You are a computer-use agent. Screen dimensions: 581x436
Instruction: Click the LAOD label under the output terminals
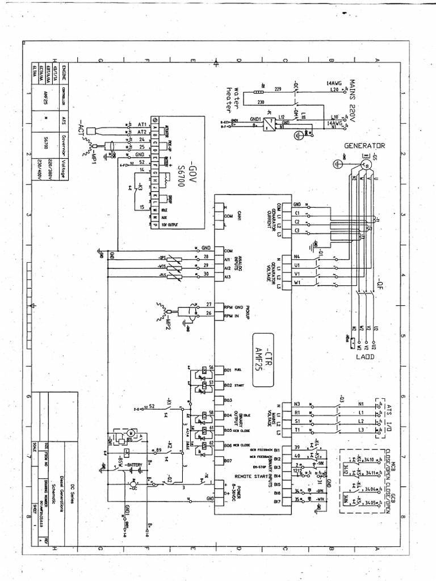click(x=364, y=356)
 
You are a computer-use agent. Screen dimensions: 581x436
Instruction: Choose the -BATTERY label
click(x=135, y=465)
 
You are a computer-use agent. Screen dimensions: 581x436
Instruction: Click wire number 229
click(x=278, y=89)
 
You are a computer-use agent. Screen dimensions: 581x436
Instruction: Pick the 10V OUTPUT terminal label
click(x=169, y=224)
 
